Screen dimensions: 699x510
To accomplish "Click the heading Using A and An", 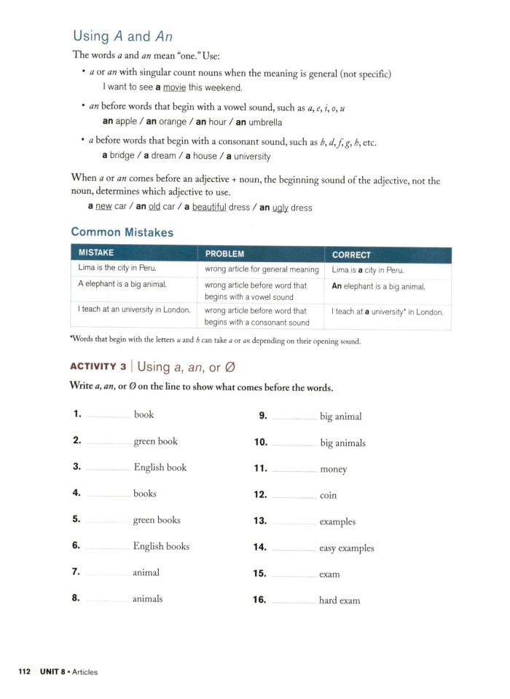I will [123, 36].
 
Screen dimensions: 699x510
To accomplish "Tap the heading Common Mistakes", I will [122, 232].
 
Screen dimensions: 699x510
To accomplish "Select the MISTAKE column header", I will [95, 255].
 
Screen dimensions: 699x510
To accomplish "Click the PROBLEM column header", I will [224, 255].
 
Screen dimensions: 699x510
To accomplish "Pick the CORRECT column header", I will [351, 255].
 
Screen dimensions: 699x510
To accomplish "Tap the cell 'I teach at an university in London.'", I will [134, 310].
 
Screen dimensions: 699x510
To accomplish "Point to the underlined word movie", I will [174, 88].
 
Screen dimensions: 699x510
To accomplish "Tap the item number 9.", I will [263, 416].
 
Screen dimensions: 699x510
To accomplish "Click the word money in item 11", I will [334, 470].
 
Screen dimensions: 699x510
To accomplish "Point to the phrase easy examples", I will [347, 548].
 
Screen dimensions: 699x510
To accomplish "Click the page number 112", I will [24, 672].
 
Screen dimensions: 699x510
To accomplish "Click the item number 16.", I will [260, 601].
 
